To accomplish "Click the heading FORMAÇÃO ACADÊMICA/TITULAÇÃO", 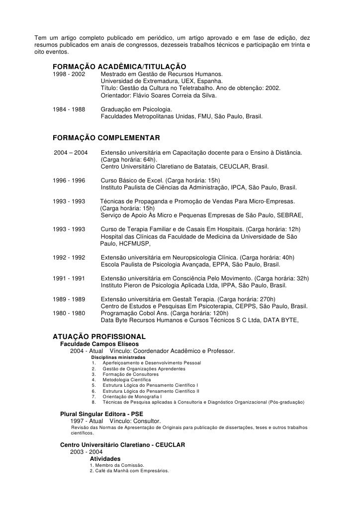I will coord(119,67).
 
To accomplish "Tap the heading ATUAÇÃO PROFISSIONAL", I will coord(99,337).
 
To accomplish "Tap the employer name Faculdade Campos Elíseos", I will coord(99,344).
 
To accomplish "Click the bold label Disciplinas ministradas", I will coord(118,357).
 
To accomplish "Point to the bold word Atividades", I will coord(104,458).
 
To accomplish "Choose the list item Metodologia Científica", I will coord(127,380).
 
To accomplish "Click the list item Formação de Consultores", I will coord(131,374).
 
